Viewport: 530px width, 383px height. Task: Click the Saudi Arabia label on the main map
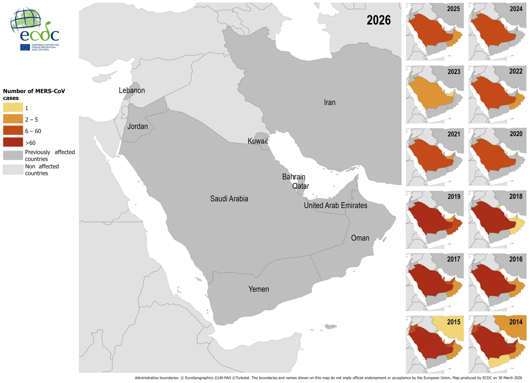(x=229, y=199)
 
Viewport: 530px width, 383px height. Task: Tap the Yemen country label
(x=258, y=289)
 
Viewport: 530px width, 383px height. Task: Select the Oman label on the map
(x=360, y=238)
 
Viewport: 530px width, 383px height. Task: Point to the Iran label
(x=329, y=102)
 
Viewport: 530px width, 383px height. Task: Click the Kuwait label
(x=258, y=141)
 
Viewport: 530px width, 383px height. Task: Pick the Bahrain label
(x=294, y=177)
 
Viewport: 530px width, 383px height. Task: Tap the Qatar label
(x=301, y=186)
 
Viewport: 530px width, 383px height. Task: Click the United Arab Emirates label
(x=335, y=205)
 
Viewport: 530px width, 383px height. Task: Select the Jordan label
(x=137, y=126)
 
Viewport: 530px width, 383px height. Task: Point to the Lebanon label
(x=132, y=90)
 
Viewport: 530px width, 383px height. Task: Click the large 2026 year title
(x=378, y=20)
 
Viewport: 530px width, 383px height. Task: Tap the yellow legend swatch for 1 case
(x=13, y=108)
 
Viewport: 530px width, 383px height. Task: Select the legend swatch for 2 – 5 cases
(x=13, y=119)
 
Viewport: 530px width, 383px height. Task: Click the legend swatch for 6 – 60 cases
(x=13, y=131)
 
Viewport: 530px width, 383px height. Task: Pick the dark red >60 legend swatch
(x=13, y=142)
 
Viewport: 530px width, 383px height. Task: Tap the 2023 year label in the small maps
(x=454, y=72)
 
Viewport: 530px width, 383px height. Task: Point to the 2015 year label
(x=454, y=322)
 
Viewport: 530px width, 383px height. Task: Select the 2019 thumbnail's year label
(x=454, y=197)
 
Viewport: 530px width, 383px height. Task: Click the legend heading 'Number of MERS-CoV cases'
(x=34, y=94)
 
